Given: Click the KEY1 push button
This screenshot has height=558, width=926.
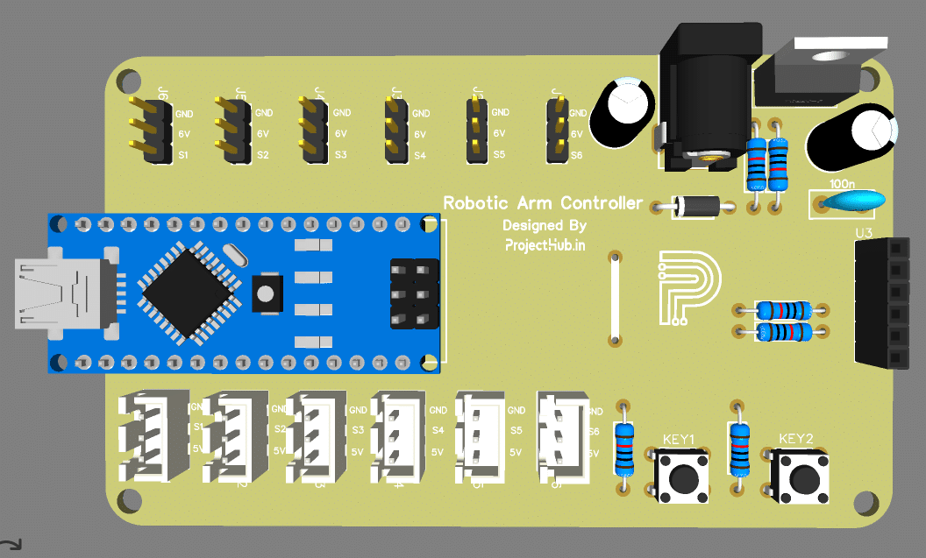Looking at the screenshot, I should point(680,477).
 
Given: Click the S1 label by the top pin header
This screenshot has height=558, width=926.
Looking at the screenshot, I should point(184,155).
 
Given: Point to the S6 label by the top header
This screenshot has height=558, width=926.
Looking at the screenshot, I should point(576,155).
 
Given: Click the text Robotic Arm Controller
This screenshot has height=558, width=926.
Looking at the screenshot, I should point(543,203).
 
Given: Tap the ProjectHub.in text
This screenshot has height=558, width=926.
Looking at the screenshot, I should point(544,246).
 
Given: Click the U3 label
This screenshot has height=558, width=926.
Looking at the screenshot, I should point(864,233).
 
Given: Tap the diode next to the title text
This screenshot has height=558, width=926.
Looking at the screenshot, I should point(696,208).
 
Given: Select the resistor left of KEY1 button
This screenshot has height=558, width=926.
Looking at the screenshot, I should point(623,448).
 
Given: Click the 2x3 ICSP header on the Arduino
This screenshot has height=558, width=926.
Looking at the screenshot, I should point(414,294).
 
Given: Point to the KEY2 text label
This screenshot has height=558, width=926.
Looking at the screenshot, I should point(796,439).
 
